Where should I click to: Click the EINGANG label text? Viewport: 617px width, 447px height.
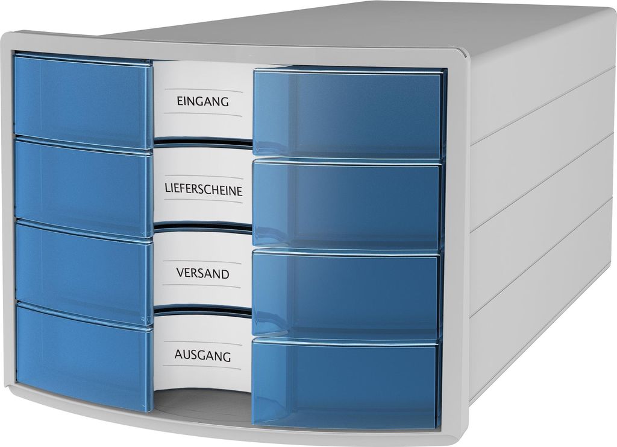pos(202,101)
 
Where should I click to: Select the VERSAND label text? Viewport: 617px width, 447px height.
pos(202,273)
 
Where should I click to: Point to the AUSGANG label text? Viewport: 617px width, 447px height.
pos(202,355)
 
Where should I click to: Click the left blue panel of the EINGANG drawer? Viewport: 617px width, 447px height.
pos(83,100)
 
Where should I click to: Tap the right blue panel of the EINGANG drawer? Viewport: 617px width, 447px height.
pos(349,113)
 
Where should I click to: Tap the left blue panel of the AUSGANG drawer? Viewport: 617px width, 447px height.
pos(84,358)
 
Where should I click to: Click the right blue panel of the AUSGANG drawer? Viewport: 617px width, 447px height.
pos(345,382)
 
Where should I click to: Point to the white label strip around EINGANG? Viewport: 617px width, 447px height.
pos(202,101)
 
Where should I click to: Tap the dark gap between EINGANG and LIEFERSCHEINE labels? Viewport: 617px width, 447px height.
pos(202,143)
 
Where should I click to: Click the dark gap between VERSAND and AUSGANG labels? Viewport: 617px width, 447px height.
pos(202,311)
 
